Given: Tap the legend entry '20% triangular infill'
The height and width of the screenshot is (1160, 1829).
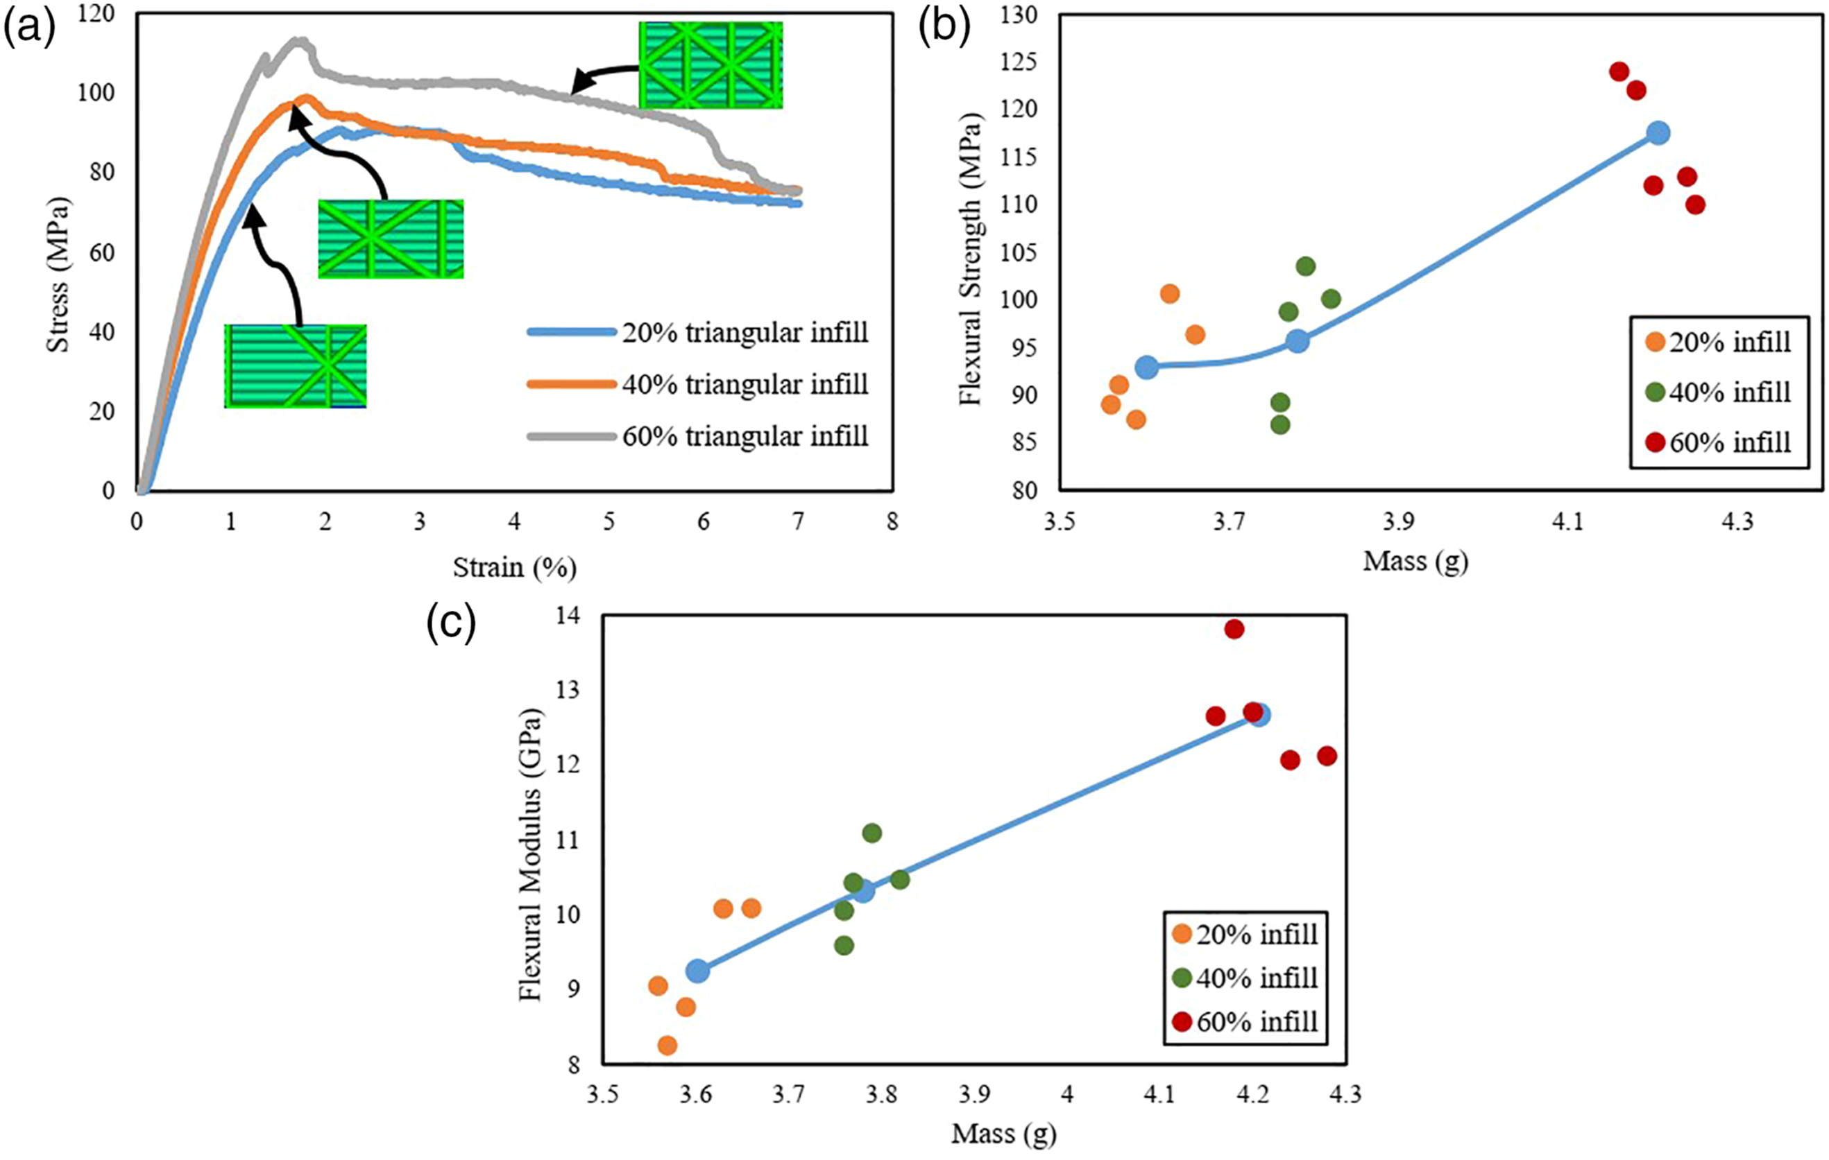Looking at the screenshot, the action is click(x=698, y=333).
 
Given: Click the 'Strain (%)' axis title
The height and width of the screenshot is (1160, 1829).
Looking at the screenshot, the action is click(x=515, y=567).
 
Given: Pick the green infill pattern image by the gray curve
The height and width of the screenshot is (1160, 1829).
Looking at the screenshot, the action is click(x=711, y=64).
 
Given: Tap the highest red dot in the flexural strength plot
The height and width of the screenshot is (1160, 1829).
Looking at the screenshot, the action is click(x=1619, y=71).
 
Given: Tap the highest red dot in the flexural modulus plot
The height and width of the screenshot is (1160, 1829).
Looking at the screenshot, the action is click(x=1234, y=629).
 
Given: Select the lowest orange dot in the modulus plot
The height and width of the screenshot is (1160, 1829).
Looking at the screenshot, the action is click(x=667, y=1046).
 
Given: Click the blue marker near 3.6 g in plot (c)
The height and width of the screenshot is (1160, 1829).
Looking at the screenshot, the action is click(x=697, y=970).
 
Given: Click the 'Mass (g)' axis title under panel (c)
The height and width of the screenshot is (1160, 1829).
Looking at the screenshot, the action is click(x=1003, y=1134).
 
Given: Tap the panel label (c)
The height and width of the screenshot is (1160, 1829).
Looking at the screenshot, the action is click(x=451, y=624).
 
